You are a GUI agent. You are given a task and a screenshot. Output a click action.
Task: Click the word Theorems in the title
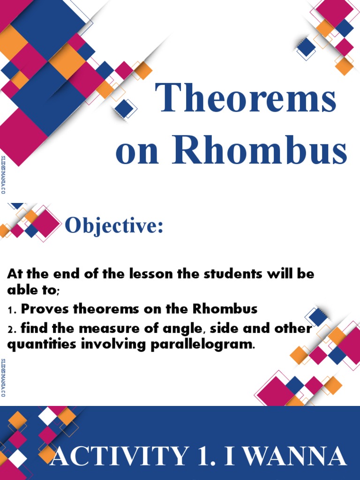pos(246,98)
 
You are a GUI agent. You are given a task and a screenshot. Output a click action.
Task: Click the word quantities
pos(38,345)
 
